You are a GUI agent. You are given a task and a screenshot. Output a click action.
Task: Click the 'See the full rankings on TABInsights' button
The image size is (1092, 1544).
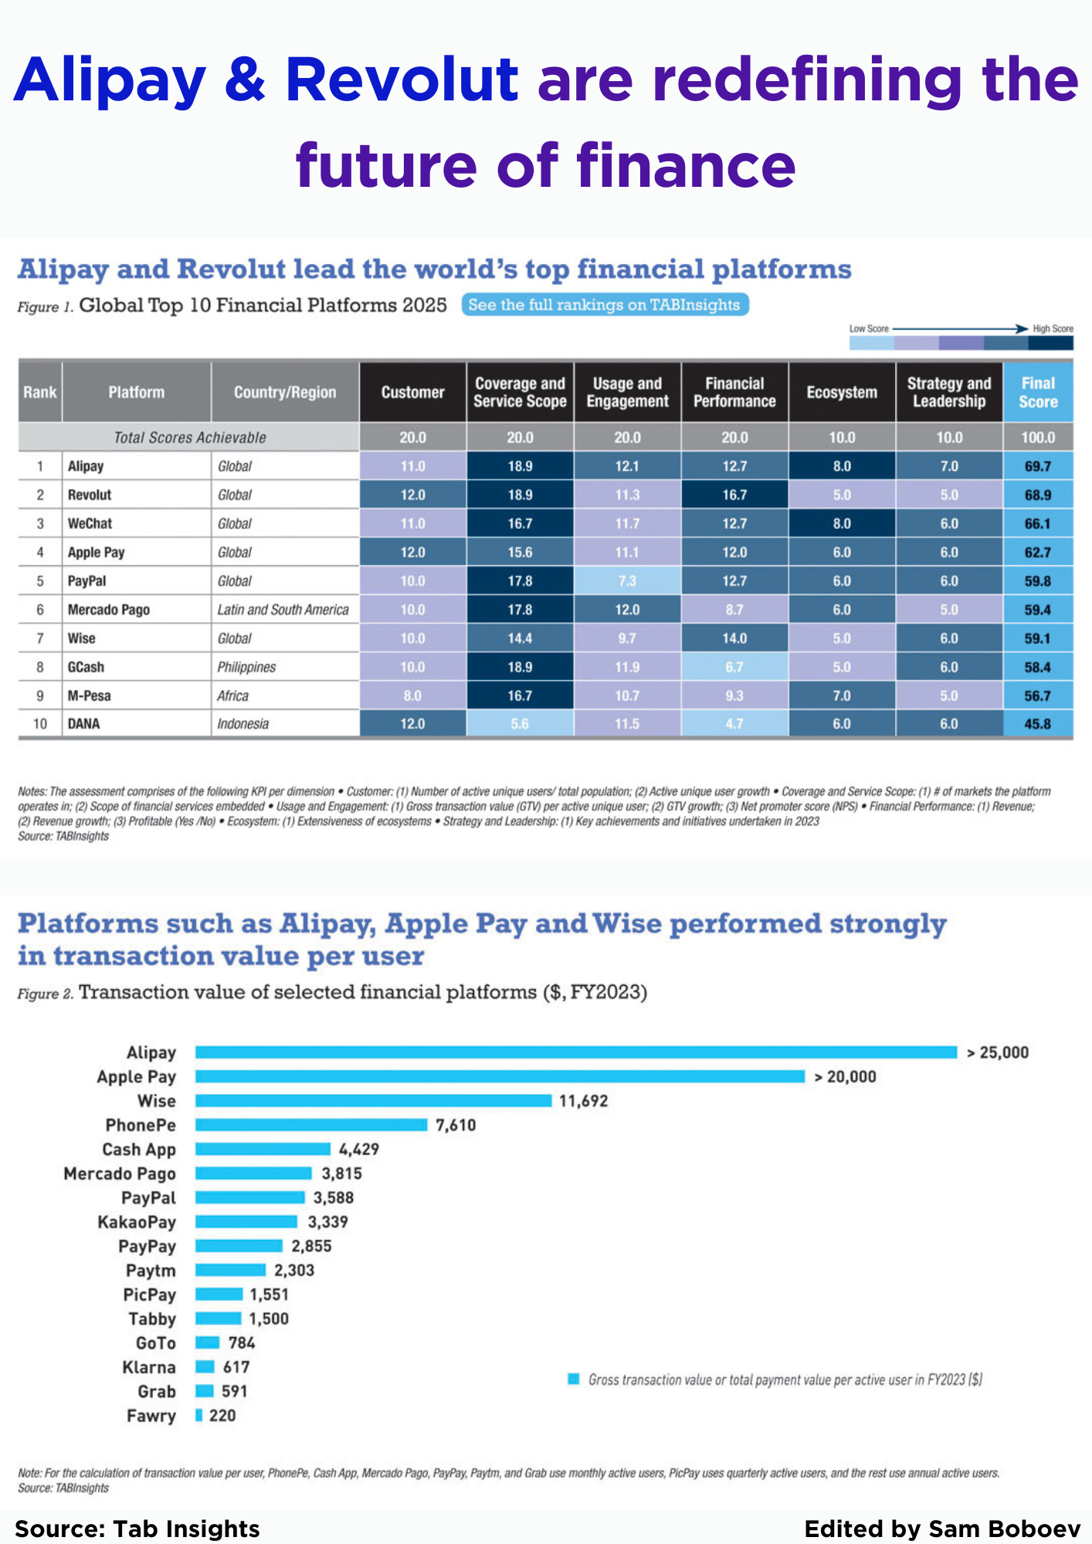click(605, 305)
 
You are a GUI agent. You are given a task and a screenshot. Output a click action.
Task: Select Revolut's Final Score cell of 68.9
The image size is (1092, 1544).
click(1037, 495)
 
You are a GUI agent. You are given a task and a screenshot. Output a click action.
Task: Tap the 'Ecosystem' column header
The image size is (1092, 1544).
click(842, 392)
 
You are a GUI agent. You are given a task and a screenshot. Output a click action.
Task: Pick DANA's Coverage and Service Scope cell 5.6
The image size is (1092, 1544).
click(520, 724)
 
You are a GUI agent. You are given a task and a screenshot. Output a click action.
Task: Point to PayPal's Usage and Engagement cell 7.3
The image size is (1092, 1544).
click(627, 581)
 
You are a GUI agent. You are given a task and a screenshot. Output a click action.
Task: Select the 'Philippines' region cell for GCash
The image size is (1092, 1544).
click(246, 667)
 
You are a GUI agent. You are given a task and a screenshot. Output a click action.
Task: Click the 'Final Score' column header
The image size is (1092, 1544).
click(1037, 392)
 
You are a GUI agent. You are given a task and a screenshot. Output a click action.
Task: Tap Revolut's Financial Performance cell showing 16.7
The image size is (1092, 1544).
click(734, 495)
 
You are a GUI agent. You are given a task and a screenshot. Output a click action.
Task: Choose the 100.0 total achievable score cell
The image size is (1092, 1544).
click(1037, 438)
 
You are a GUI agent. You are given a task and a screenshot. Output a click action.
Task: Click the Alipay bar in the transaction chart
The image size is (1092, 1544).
click(575, 1052)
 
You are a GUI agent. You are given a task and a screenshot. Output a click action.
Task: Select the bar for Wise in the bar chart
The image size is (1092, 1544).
click(373, 1101)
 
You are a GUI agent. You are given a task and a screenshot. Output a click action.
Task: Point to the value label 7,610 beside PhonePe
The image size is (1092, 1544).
click(456, 1126)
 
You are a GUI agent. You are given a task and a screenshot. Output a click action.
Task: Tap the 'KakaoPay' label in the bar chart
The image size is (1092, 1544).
click(137, 1222)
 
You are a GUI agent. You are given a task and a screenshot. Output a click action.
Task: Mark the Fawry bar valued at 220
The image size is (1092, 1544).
click(199, 1415)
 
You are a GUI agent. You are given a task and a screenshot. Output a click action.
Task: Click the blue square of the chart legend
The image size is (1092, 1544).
click(574, 1379)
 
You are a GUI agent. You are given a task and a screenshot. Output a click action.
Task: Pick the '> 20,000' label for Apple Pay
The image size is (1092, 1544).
click(846, 1077)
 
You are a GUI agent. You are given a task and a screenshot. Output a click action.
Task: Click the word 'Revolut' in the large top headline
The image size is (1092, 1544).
click(402, 80)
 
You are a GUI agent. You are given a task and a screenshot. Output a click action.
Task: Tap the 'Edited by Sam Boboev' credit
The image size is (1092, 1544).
click(942, 1529)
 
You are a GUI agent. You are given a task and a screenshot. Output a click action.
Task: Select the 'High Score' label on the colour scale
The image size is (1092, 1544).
click(1053, 329)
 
